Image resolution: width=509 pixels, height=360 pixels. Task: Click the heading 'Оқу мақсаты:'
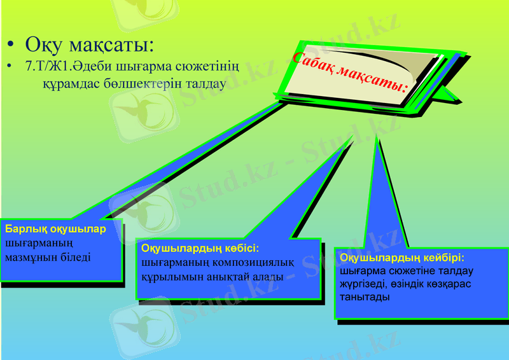tap(90, 46)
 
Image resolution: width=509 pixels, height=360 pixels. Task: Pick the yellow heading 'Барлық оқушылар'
tap(55, 230)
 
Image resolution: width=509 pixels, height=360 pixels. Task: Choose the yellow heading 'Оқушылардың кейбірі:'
tap(402, 258)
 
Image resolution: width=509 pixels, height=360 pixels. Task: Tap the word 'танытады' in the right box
tap(364, 297)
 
